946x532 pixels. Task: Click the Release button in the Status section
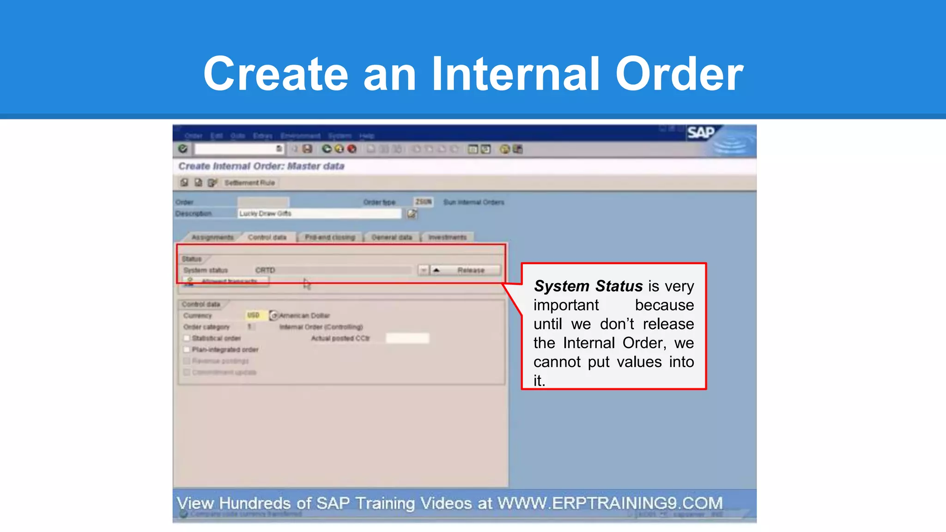click(x=471, y=270)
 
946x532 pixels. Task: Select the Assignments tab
click(x=212, y=237)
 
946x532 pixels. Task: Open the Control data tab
click(x=267, y=237)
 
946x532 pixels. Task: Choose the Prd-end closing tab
click(x=330, y=237)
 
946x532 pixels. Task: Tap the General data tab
click(x=392, y=237)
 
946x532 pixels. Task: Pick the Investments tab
click(x=447, y=237)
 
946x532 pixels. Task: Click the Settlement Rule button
click(x=249, y=183)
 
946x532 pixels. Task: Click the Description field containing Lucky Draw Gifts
click(x=319, y=213)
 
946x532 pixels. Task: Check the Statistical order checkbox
click(x=187, y=339)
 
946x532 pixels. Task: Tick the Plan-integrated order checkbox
click(x=187, y=350)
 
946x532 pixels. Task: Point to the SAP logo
click(x=701, y=133)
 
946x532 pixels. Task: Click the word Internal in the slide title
click(x=515, y=74)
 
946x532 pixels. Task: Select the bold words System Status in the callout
click(x=588, y=286)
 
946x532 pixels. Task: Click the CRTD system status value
click(x=265, y=270)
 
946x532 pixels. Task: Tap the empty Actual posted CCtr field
click(x=407, y=339)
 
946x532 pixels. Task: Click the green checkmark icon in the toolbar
click(x=183, y=149)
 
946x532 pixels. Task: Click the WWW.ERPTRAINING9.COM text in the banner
click(x=610, y=503)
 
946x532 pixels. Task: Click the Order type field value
click(x=423, y=202)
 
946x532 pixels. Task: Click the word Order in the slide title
click(x=679, y=74)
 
